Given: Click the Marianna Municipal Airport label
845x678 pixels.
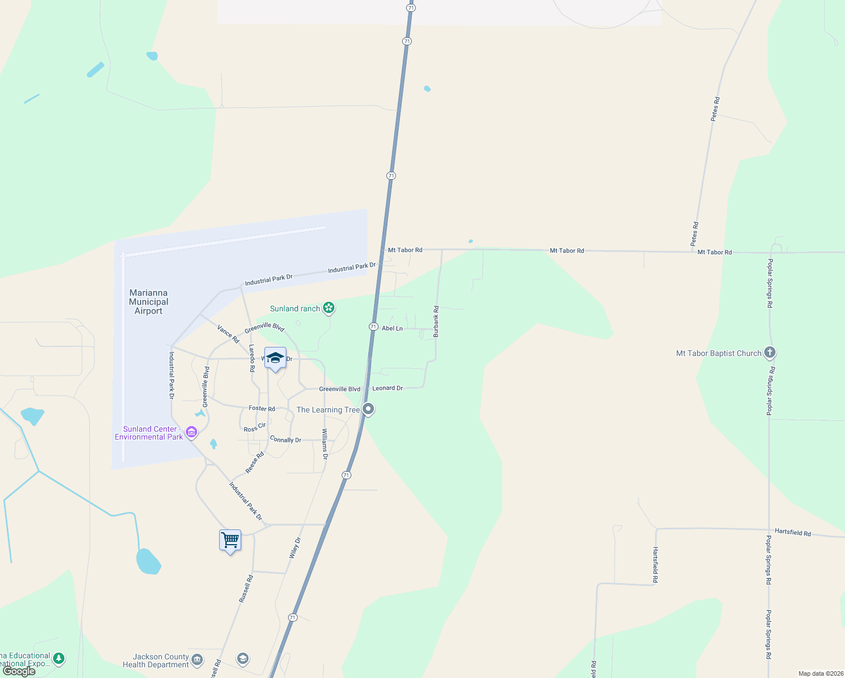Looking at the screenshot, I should [x=149, y=302].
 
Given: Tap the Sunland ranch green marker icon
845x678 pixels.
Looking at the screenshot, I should [x=329, y=308].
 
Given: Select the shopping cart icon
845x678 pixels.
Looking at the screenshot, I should [x=230, y=540].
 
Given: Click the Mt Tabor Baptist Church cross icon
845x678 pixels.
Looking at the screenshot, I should [x=769, y=353].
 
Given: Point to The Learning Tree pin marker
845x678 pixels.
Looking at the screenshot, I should [x=368, y=408].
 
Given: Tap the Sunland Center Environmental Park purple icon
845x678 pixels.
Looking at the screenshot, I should [x=191, y=433].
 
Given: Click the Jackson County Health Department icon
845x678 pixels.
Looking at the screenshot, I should [x=197, y=659].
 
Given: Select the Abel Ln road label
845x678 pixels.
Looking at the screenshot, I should [x=392, y=328].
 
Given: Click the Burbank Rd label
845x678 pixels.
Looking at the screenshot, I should [x=436, y=321].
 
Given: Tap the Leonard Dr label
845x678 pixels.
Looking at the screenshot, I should [x=387, y=388].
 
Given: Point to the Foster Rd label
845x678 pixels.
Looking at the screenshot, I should [x=262, y=408].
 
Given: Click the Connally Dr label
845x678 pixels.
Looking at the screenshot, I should [x=285, y=440].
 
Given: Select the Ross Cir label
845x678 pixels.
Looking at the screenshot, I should [x=255, y=428].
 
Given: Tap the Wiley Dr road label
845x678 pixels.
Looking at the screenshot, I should [x=295, y=548].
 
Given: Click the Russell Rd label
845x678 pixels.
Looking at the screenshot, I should [x=246, y=589].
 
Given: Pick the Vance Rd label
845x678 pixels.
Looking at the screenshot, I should [x=228, y=333].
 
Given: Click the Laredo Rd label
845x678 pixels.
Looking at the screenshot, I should [x=252, y=358].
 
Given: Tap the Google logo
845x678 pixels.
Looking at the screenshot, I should [x=19, y=671].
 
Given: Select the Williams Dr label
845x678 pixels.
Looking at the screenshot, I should [x=325, y=444].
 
